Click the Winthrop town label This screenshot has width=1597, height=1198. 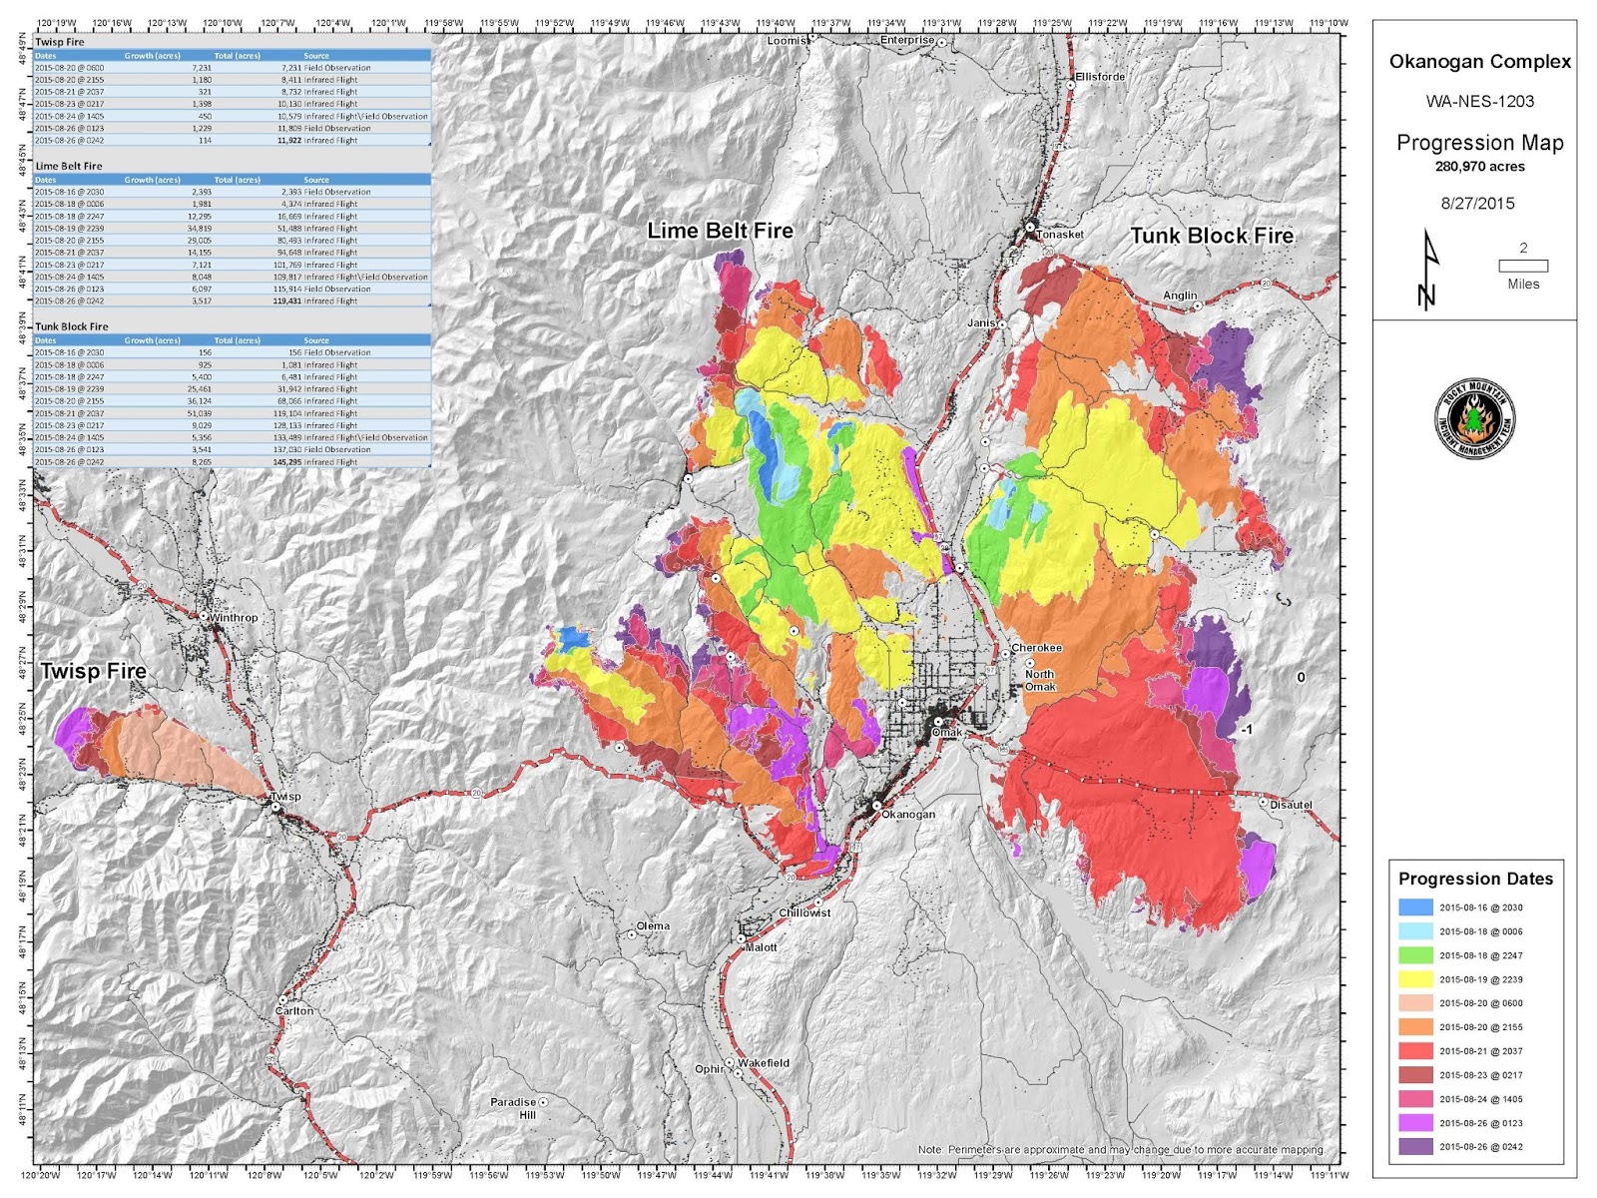(x=234, y=618)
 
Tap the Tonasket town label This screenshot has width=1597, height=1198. (x=1060, y=235)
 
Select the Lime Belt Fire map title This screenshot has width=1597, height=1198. (x=720, y=231)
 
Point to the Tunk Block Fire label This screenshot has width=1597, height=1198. (x=1212, y=236)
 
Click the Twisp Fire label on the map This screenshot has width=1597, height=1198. (x=93, y=672)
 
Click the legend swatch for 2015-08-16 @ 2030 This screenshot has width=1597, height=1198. (x=1415, y=907)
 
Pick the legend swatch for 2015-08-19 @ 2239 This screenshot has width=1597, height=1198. (x=1415, y=979)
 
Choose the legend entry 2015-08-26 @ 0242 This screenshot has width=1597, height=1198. (x=1480, y=1147)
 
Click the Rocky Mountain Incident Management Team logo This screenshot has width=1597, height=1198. (x=1475, y=419)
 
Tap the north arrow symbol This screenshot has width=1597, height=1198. (x=1429, y=270)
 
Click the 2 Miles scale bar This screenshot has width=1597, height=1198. (x=1523, y=266)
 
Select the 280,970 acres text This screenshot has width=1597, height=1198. (x=1480, y=167)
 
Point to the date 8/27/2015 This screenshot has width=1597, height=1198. (x=1477, y=204)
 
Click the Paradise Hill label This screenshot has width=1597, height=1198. (x=514, y=1108)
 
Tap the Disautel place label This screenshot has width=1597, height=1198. (x=1291, y=805)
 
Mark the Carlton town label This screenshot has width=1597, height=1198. (x=294, y=1010)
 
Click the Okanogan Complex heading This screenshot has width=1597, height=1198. (x=1480, y=62)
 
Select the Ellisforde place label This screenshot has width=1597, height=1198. (x=1100, y=77)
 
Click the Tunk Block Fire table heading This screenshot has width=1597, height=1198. (x=72, y=326)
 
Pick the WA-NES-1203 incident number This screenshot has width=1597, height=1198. (x=1480, y=102)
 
